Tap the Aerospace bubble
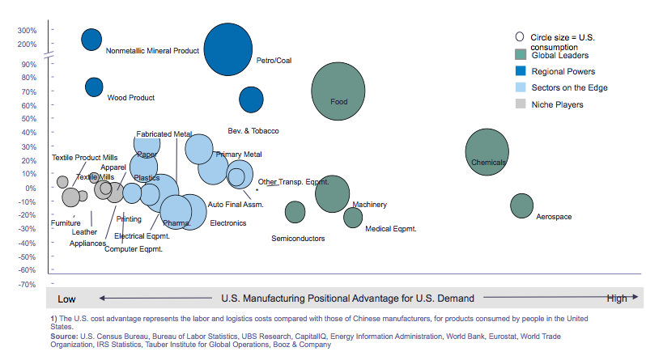(522, 205)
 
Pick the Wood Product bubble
(94, 87)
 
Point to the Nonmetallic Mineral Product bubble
(91, 39)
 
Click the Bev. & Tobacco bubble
(252, 99)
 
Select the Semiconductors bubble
(295, 212)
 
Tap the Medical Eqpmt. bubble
(353, 217)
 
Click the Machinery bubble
(332, 194)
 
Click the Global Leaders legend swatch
(521, 54)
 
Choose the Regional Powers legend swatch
(521, 71)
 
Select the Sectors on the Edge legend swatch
(521, 87)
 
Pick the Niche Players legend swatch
(521, 104)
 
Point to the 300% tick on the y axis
(28, 31)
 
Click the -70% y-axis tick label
(28, 285)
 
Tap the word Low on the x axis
(66, 299)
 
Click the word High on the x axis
(617, 299)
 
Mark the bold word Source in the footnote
(65, 336)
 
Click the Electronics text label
(227, 222)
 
